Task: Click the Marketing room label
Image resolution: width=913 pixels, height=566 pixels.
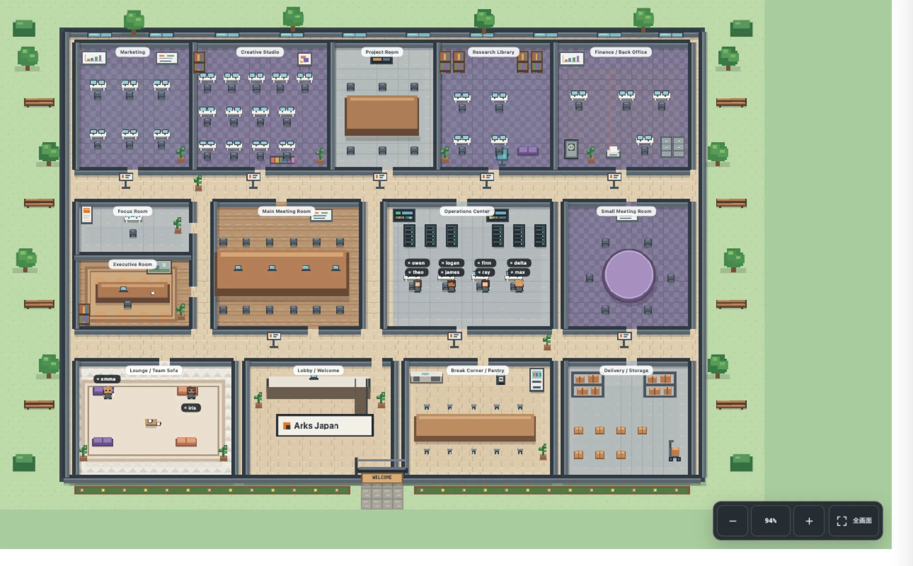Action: click(x=132, y=52)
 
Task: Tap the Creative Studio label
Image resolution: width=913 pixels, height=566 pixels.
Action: click(x=260, y=52)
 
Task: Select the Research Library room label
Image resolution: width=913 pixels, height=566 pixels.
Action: click(x=493, y=52)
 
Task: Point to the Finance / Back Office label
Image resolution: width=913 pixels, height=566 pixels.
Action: click(x=621, y=52)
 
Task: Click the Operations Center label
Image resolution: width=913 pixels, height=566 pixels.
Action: click(x=467, y=211)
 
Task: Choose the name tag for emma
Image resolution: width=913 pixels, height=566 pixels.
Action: click(x=107, y=379)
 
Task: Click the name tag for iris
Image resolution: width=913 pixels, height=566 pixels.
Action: click(x=191, y=408)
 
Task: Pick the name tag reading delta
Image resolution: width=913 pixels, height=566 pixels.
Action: click(x=519, y=263)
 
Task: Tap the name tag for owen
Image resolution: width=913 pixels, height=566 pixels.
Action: click(x=416, y=263)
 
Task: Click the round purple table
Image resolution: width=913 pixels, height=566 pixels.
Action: click(x=629, y=275)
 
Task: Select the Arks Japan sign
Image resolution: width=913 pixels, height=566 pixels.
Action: click(x=325, y=425)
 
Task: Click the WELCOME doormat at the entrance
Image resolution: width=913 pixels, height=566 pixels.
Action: click(x=382, y=477)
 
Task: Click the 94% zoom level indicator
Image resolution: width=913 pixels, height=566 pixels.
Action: click(x=771, y=521)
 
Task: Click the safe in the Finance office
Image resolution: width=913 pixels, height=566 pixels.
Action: click(x=571, y=149)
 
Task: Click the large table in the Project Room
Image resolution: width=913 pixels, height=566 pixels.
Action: click(x=382, y=115)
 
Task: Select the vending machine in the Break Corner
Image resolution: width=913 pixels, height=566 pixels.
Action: click(x=537, y=380)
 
